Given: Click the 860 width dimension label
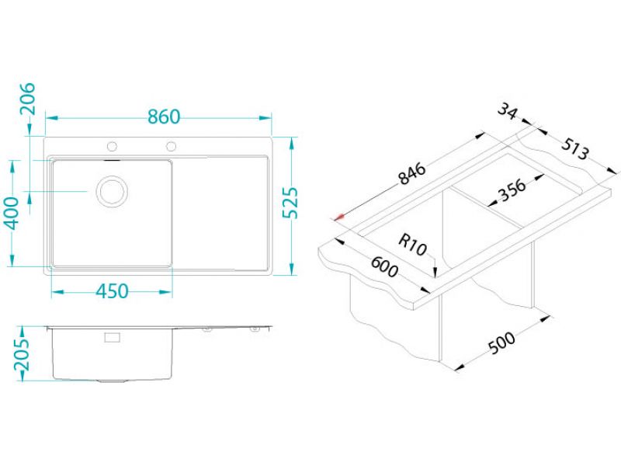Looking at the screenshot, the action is (164, 117).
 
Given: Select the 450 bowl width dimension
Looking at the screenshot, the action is (112, 291).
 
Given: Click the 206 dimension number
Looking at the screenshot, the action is (27, 99).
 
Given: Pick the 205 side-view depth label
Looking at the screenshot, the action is (22, 355).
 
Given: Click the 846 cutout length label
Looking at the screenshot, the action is (412, 173).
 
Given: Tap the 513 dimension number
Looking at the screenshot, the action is (575, 148).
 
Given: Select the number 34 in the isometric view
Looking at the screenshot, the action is (508, 111).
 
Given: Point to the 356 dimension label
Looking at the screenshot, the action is (512, 190).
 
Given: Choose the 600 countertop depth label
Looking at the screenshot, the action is (383, 266).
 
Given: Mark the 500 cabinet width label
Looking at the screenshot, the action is (501, 342).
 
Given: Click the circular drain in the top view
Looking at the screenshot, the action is (112, 191).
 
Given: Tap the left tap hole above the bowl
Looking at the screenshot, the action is (112, 146).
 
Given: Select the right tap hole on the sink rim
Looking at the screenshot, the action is (171, 146).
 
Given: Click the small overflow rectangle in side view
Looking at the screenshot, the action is (112, 337).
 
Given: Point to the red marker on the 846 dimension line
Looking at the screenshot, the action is (339, 217).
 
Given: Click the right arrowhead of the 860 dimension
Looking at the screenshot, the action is (265, 118).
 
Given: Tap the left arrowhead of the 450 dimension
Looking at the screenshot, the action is (57, 292).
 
